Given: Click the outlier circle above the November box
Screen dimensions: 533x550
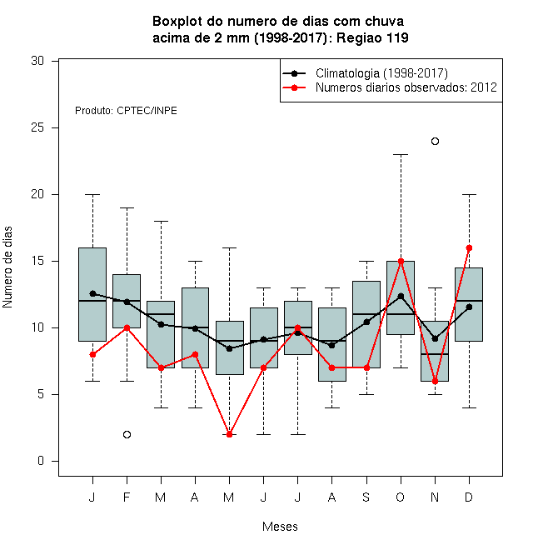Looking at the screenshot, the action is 435,142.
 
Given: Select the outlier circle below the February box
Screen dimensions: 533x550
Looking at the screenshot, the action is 127,435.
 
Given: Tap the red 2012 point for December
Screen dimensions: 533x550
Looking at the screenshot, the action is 469,248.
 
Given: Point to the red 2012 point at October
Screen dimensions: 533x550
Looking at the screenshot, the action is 401,262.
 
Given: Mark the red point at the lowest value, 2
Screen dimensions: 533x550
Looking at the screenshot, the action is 229,435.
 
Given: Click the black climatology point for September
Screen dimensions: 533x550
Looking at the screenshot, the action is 366,322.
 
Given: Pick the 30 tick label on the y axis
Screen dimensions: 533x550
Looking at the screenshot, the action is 37,61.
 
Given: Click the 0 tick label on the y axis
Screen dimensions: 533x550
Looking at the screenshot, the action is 41,461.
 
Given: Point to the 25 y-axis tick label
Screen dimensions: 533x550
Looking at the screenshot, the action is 37,127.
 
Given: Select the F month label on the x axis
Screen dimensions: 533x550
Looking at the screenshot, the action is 127,497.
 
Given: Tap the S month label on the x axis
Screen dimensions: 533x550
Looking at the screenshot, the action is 366,497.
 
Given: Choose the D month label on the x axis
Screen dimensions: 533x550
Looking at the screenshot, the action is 469,497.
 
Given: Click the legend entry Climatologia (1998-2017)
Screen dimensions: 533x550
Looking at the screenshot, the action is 381,73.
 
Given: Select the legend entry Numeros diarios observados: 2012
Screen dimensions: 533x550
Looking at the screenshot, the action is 406,87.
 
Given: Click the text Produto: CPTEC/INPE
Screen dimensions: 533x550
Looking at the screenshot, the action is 126,111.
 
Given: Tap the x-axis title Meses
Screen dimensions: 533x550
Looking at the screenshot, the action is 280,527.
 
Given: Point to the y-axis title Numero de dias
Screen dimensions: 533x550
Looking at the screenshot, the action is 7,267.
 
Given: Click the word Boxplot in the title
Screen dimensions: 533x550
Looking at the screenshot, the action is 177,22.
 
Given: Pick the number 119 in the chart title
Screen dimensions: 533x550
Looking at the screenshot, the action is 397,37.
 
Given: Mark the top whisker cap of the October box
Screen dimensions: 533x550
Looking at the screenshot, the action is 401,154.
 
